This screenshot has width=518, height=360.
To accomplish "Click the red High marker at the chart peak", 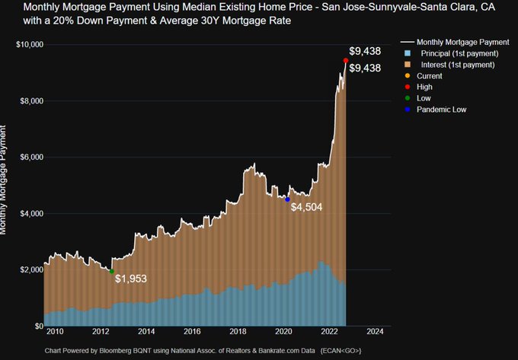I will [x=346, y=60].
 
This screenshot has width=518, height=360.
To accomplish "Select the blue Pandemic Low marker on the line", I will [x=287, y=199].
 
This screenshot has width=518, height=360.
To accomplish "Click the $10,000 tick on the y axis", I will [x=29, y=45].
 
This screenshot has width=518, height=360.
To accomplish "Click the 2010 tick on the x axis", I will [x=55, y=333].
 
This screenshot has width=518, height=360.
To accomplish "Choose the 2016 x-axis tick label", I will [x=192, y=333].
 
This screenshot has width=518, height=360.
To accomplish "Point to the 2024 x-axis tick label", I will [x=375, y=333].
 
